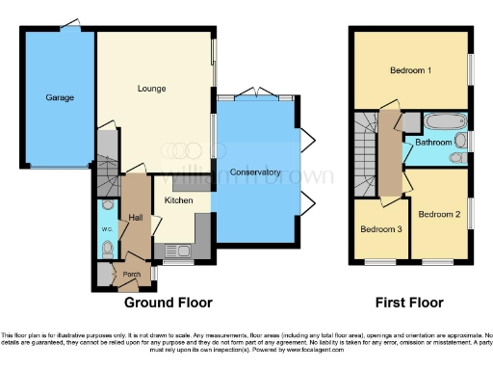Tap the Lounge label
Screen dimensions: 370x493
click(151, 89)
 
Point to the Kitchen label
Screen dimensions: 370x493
click(178, 200)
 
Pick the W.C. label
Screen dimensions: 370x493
click(107, 228)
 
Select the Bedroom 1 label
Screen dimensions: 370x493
click(410, 71)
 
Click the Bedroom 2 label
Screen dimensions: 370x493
click(438, 214)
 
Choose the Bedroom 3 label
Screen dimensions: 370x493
click(381, 229)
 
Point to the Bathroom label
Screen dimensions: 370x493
click(434, 144)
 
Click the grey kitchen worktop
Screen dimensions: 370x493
click(202, 231)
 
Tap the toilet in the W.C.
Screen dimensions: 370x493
click(107, 249)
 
